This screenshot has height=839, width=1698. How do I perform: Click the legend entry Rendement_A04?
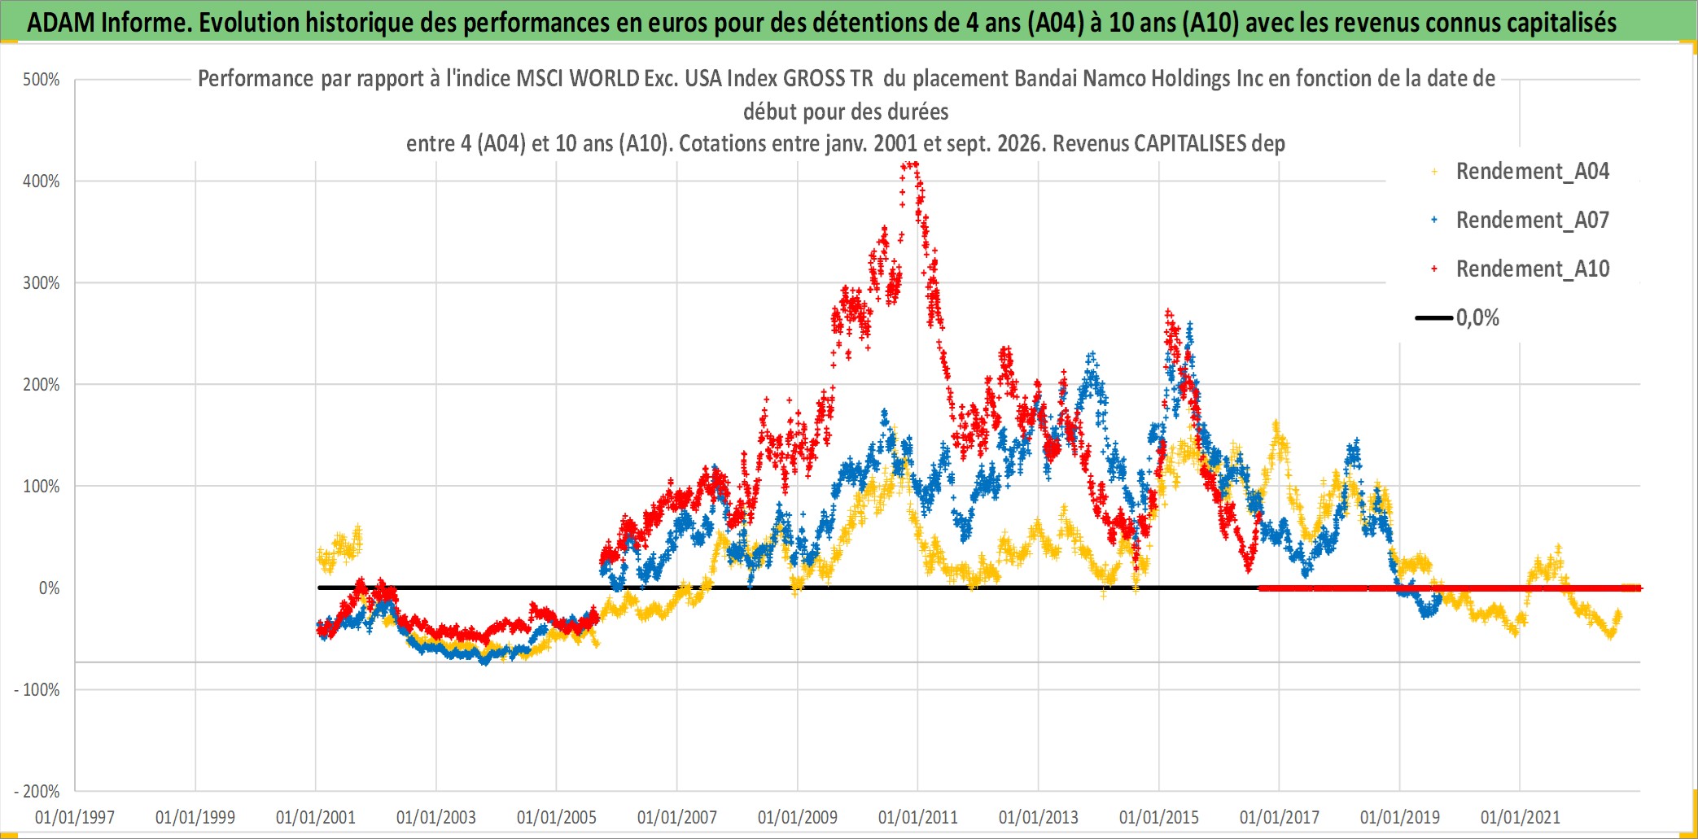click(x=1532, y=171)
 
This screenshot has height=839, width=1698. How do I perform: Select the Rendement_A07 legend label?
click(x=1532, y=220)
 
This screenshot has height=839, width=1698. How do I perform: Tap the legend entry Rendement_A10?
click(x=1532, y=269)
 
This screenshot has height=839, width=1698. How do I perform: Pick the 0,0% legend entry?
click(x=1477, y=317)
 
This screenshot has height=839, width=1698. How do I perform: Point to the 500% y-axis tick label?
click(x=42, y=80)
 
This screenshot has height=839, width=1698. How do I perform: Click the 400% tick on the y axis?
click(x=42, y=181)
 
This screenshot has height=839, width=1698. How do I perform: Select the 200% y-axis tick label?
click(x=42, y=385)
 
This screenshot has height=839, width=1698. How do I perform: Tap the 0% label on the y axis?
click(x=50, y=588)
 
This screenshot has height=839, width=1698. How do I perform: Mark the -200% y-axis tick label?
click(x=37, y=791)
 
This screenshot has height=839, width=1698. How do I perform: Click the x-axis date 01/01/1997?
click(x=75, y=817)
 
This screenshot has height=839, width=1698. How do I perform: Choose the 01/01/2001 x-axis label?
click(x=316, y=817)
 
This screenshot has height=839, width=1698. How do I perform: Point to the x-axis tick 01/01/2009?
click(x=798, y=817)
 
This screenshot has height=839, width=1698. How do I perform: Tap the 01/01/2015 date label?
click(x=1159, y=817)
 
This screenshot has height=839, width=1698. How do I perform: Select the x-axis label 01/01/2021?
click(x=1521, y=817)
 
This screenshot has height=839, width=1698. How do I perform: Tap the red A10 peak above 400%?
click(x=911, y=164)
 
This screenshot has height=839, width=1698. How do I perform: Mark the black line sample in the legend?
click(x=1434, y=317)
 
